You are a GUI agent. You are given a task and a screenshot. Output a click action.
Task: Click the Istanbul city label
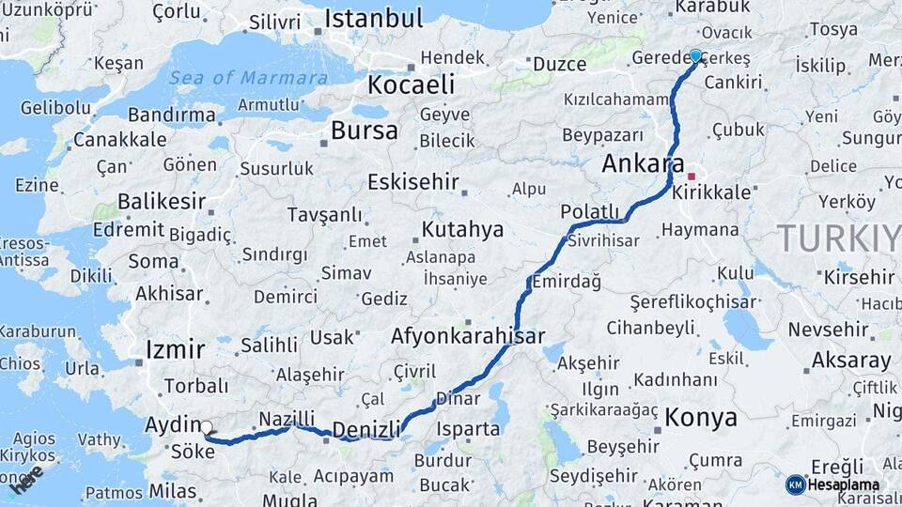374,19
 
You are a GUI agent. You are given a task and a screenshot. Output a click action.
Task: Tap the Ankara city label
643,163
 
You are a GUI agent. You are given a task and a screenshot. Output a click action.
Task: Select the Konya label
701,418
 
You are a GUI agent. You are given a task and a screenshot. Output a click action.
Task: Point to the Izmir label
175,350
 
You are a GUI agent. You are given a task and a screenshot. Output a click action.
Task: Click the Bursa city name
365,130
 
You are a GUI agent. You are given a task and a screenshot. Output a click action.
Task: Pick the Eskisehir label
412,181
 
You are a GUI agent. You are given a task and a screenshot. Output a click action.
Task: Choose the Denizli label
367,429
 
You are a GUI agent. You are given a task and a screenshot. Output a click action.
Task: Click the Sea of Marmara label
248,78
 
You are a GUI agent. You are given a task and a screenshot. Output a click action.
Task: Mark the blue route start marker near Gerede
695,55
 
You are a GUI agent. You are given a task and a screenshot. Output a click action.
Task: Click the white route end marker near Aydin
207,427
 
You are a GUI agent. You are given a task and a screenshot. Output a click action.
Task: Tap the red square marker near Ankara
692,176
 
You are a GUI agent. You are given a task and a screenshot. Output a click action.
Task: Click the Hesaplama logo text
843,484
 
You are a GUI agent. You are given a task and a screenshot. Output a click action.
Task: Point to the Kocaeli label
411,84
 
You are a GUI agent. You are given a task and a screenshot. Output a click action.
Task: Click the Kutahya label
462,229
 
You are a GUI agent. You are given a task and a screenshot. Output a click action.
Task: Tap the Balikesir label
161,201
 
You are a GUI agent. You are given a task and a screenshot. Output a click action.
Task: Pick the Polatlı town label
590,211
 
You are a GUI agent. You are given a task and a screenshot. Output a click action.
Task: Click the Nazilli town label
286,419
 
